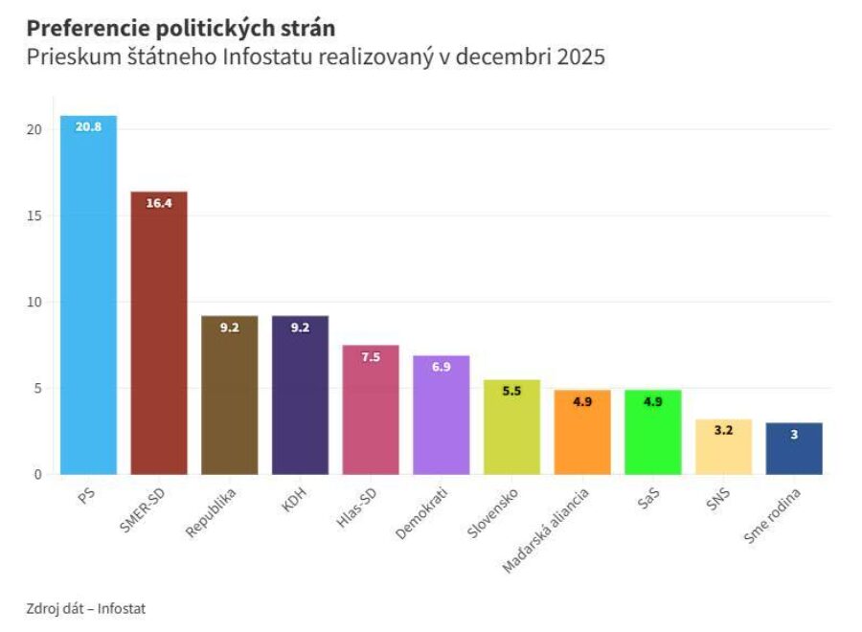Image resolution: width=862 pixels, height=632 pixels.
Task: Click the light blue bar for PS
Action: click(88, 297)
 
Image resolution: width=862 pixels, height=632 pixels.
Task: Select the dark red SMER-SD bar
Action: click(159, 335)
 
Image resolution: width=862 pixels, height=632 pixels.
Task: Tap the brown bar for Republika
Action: click(230, 397)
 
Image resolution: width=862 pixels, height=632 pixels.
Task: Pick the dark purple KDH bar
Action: click(300, 397)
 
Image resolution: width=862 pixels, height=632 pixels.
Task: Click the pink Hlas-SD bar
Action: click(371, 412)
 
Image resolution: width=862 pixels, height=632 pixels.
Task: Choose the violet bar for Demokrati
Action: click(442, 417)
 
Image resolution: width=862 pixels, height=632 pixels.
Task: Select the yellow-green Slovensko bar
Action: click(511, 429)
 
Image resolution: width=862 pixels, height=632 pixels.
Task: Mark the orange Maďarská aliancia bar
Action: click(582, 436)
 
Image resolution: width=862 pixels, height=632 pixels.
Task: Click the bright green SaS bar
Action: click(653, 436)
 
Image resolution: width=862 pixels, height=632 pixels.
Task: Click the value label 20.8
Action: click(88, 126)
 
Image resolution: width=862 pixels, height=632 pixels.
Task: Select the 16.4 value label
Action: click(159, 203)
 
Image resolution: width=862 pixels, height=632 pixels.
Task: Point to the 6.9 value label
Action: click(442, 367)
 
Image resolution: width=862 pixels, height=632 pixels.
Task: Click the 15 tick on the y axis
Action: click(34, 215)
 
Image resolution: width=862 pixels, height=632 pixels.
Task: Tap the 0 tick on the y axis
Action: click(38, 474)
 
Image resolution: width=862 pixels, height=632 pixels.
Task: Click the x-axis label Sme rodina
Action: click(772, 517)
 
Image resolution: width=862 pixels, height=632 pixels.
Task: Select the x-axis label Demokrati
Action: click(421, 514)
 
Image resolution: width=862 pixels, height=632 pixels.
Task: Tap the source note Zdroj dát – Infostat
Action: click(86, 608)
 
